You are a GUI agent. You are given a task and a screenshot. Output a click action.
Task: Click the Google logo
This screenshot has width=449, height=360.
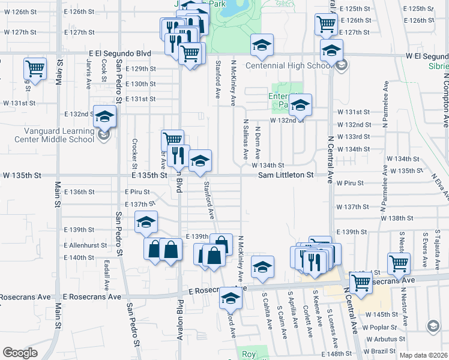click(20, 353)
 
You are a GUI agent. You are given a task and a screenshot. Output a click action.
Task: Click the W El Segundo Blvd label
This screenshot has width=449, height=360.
click(427, 56)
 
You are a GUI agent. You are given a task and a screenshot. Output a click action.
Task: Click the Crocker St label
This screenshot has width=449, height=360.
click(134, 154)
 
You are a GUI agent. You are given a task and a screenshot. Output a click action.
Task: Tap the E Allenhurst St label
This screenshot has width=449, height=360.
click(85, 245)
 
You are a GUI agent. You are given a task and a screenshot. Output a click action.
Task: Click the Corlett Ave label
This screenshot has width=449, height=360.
click(306, 316)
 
